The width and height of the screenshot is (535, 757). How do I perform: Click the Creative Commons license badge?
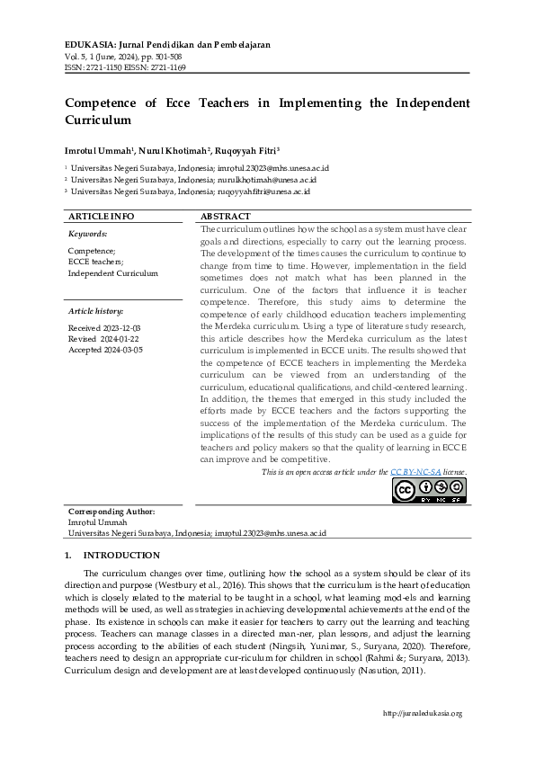pos(430,490)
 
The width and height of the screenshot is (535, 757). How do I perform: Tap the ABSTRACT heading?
pos(226,218)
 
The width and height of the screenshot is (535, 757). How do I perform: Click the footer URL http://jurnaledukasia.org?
pos(423,713)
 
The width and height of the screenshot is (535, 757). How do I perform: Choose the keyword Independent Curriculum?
pos(112,273)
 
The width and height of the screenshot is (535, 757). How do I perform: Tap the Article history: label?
pos(96,310)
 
